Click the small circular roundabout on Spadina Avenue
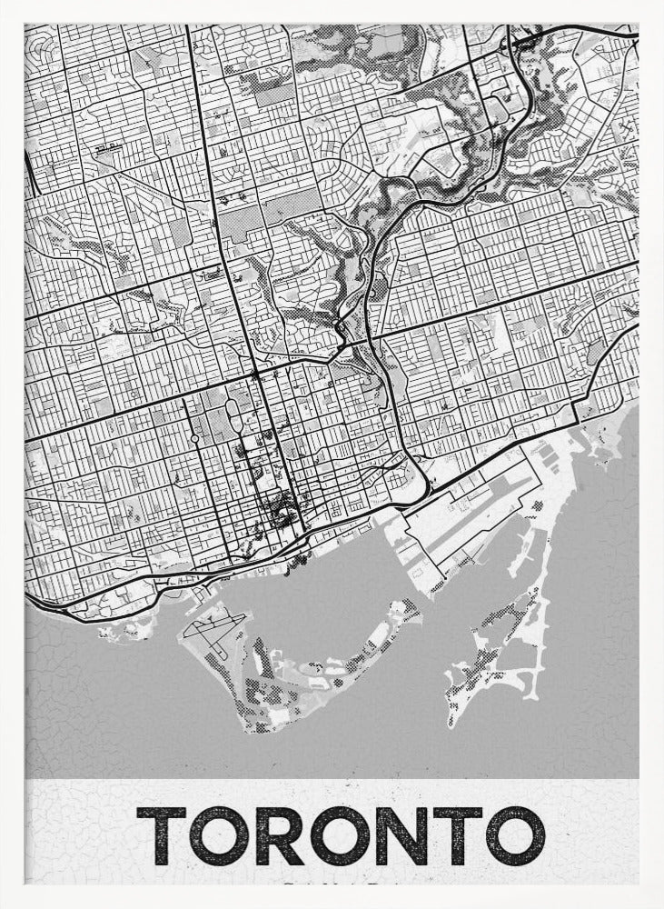coord(194,440)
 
